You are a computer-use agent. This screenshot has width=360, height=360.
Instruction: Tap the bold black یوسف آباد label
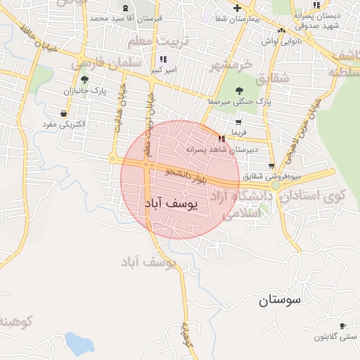click(172, 203)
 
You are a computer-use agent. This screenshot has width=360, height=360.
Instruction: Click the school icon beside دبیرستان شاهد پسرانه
click(222, 139)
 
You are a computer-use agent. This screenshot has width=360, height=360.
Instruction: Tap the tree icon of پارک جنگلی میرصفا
click(240, 90)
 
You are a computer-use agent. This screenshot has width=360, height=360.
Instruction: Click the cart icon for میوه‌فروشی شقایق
click(271, 166)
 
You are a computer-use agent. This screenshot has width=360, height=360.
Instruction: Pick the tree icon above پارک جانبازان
click(85, 80)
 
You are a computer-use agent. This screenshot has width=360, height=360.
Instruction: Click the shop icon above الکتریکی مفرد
click(64, 113)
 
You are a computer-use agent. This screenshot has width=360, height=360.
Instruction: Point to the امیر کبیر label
click(163, 70)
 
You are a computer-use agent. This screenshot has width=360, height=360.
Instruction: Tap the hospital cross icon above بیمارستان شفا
click(237, 8)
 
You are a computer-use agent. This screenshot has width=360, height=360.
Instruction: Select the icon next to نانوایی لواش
click(281, 30)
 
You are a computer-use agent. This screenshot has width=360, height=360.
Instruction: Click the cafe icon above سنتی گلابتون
click(342, 326)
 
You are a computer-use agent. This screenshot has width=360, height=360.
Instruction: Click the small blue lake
click(79, 343)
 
